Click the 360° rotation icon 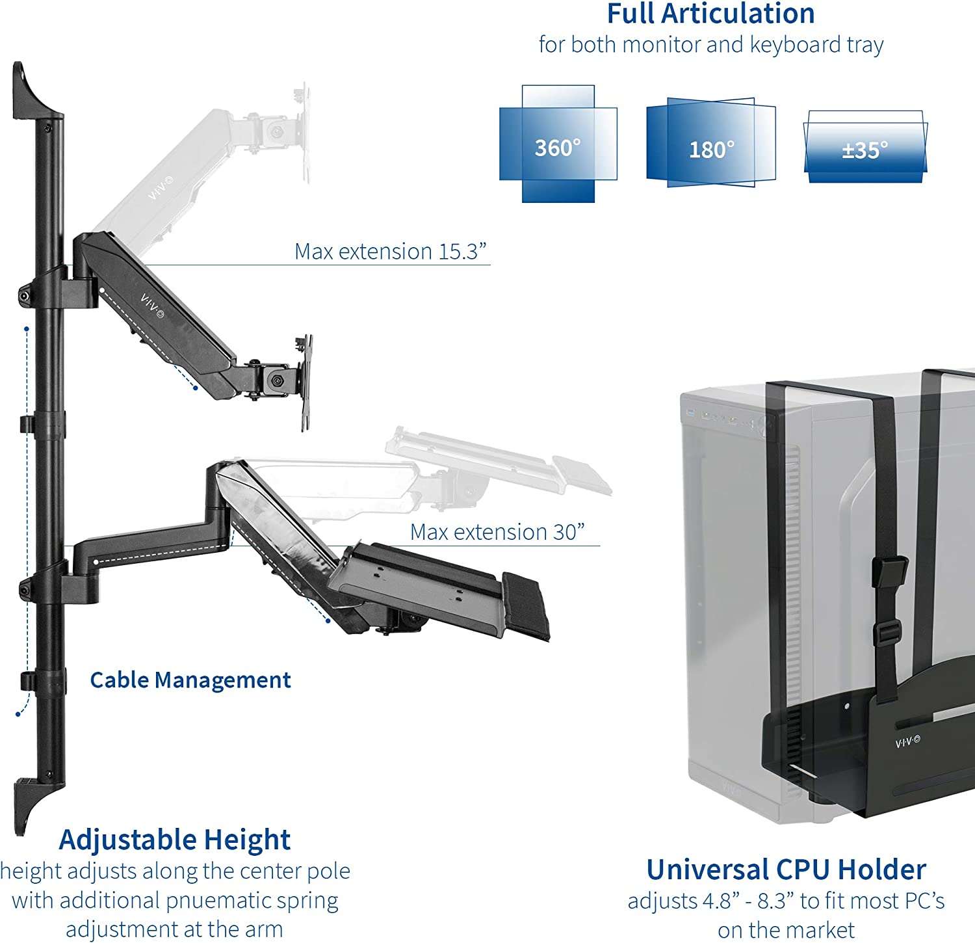click(558, 144)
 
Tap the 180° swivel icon click(710, 143)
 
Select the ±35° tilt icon click(865, 148)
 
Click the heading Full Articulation click(710, 14)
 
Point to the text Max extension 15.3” click(390, 251)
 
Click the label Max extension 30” click(497, 532)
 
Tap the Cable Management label click(190, 680)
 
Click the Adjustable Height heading click(174, 840)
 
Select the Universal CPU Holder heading click(786, 870)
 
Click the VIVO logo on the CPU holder click(907, 741)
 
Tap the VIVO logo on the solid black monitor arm click(152, 306)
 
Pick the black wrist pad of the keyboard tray click(526, 605)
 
